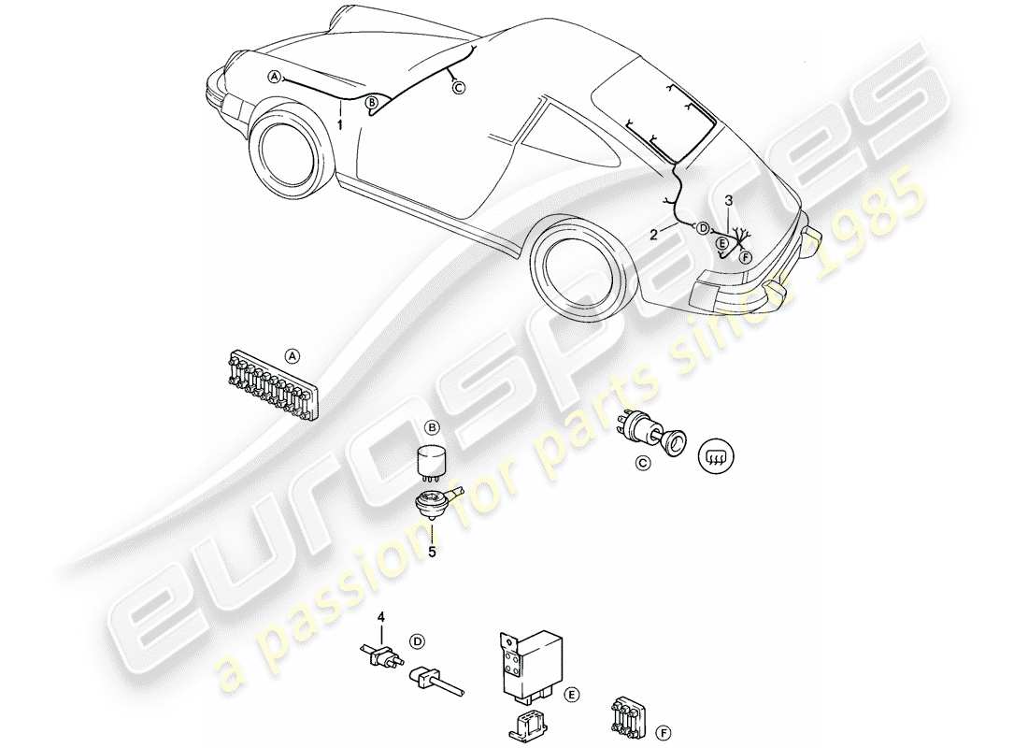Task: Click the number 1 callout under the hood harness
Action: pyautogui.click(x=340, y=123)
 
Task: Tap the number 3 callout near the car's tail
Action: pyautogui.click(x=729, y=200)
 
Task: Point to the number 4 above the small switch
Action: pyautogui.click(x=381, y=616)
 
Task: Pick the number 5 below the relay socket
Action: pyautogui.click(x=432, y=552)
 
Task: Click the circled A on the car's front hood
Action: pyautogui.click(x=274, y=78)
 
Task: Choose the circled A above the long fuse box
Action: pyautogui.click(x=293, y=355)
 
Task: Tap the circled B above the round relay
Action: pyautogui.click(x=432, y=427)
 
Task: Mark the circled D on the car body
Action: pyautogui.click(x=702, y=226)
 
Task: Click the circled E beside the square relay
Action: pyautogui.click(x=571, y=694)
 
